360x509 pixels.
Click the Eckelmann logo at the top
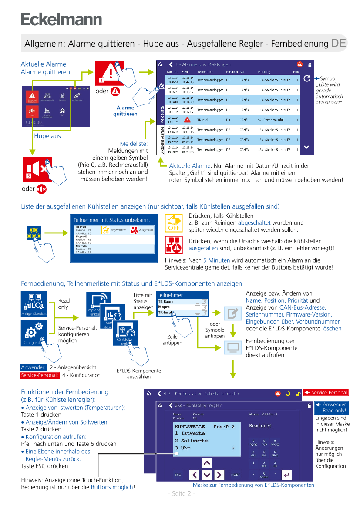point(61,20)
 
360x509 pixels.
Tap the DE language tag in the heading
point(339,43)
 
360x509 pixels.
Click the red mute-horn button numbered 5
point(37,169)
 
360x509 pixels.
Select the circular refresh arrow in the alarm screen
point(306,78)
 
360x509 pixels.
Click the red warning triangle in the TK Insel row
point(187,119)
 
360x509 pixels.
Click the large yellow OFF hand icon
point(173,222)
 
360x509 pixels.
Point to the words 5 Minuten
point(216,260)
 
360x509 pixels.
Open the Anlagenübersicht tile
point(34,304)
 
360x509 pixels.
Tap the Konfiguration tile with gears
point(34,333)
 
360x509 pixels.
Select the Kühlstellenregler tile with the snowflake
point(125,333)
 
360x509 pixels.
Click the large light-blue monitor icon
point(233,347)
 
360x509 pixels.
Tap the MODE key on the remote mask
point(236,475)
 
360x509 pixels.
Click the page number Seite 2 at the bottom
point(181,493)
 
